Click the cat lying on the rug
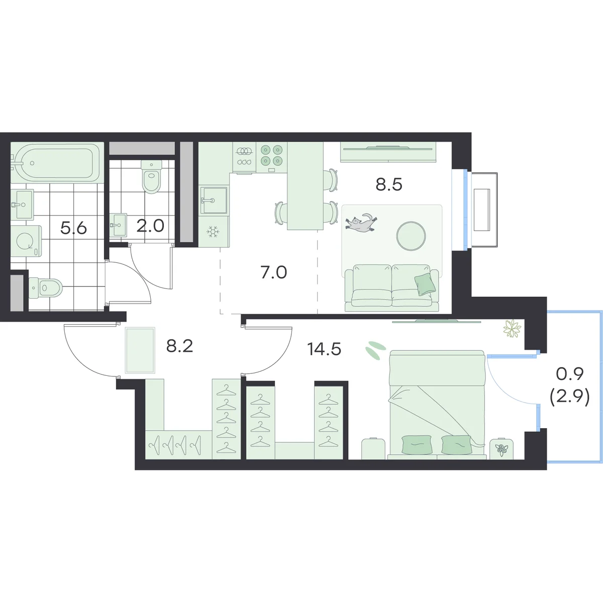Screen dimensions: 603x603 pos(361,223)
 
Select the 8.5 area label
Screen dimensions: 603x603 pos(388,184)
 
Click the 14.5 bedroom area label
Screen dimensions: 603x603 pos(324,349)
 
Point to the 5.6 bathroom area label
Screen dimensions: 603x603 pos(73,228)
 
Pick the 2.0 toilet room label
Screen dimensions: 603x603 pos(150,226)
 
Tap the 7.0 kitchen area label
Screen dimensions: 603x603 pos(273,272)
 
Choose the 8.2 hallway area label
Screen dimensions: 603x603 pos(179,346)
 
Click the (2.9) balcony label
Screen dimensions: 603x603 pos(569,397)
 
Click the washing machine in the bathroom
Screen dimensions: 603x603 pos(26,241)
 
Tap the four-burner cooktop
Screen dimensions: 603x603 pos(271,157)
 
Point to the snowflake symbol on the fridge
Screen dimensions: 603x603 pos(214,232)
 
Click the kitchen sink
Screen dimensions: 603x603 pos(214,200)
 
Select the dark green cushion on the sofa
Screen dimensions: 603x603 pos(425,284)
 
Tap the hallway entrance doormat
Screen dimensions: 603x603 pos(140,350)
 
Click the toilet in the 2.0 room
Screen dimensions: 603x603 pos(151,176)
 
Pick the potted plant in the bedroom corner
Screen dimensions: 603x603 pos(512,329)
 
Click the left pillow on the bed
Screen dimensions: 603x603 pos(417,445)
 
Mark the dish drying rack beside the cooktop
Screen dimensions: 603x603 pos(244,156)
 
